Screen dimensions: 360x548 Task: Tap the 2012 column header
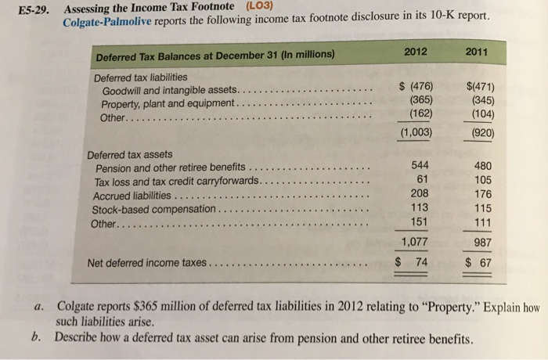416,52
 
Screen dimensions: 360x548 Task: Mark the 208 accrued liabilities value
419,194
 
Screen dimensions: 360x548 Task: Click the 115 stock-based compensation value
478,209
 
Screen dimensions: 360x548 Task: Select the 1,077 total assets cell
416,242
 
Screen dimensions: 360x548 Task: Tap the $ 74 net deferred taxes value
413,261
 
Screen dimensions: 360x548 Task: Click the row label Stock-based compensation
154,210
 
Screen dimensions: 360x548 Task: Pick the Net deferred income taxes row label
146,263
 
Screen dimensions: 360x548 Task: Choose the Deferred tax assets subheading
130,154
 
